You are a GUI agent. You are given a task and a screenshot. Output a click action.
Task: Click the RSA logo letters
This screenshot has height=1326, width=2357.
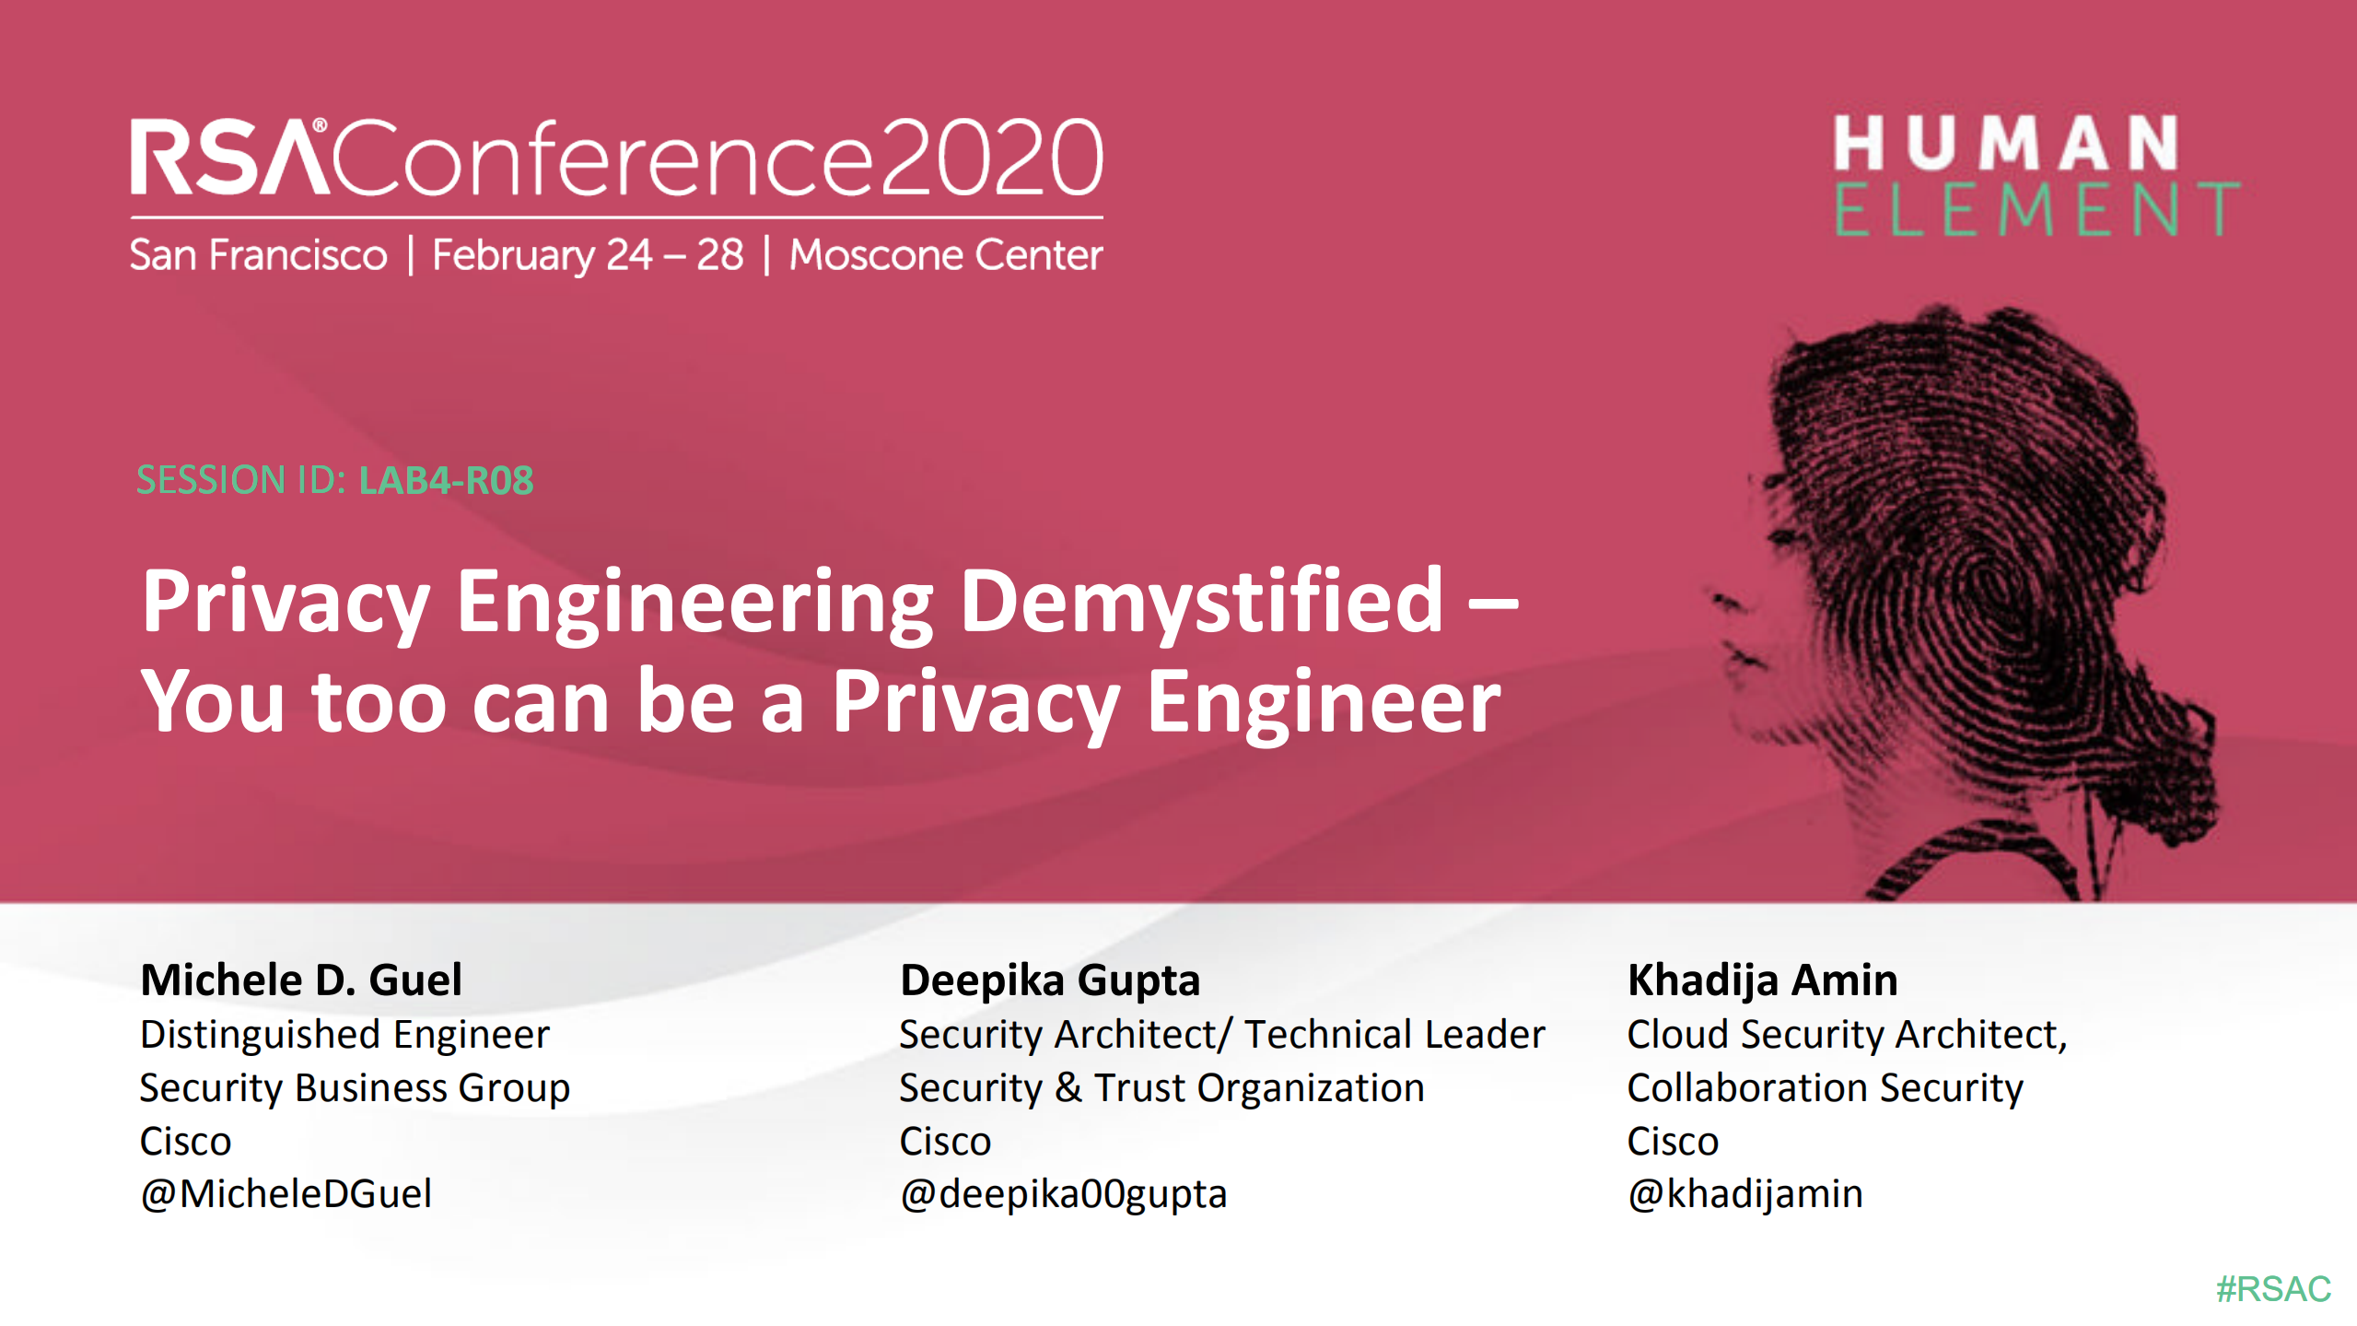[x=230, y=158]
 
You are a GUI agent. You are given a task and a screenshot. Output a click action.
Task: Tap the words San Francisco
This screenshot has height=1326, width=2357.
[x=259, y=255]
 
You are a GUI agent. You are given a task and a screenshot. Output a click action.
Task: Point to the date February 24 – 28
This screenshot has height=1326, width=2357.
[x=588, y=256]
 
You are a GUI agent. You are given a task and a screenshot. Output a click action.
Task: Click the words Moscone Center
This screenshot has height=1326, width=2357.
[x=946, y=255]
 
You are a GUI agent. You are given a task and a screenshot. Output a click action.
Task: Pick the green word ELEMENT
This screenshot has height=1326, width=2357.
[x=2037, y=209]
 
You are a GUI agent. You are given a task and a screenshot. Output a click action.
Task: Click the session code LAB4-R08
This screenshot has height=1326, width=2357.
[x=447, y=480]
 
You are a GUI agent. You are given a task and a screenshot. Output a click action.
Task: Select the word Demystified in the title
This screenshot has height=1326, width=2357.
[x=1202, y=602]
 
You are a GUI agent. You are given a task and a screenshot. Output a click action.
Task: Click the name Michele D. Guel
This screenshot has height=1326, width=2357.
[x=301, y=980]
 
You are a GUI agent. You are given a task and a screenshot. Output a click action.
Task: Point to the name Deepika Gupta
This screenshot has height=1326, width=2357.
[x=1050, y=980]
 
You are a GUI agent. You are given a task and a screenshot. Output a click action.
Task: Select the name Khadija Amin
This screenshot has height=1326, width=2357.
[x=1763, y=980]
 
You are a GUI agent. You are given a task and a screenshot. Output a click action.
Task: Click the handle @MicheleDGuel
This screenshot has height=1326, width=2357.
[x=286, y=1193]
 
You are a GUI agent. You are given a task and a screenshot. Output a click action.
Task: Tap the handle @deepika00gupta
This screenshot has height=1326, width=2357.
[x=1063, y=1195]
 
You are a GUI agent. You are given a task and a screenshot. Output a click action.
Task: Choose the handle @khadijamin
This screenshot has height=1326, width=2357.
[x=1744, y=1195]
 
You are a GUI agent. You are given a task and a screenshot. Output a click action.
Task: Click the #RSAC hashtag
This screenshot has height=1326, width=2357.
[x=2273, y=1288]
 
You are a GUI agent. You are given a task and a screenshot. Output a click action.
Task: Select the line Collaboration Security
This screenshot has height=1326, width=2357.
[x=1825, y=1089]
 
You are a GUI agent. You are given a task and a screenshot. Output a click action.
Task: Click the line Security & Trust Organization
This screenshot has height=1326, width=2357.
[x=1161, y=1089]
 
